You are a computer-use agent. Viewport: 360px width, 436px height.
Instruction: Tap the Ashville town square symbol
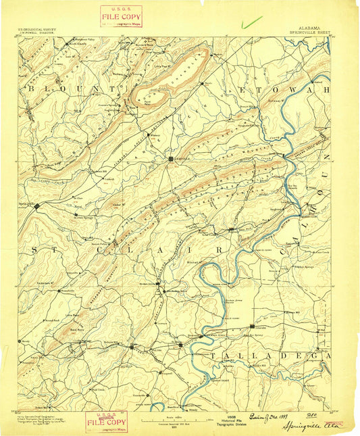pos(170,159)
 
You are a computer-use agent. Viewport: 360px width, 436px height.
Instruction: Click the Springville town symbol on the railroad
pos(38,204)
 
